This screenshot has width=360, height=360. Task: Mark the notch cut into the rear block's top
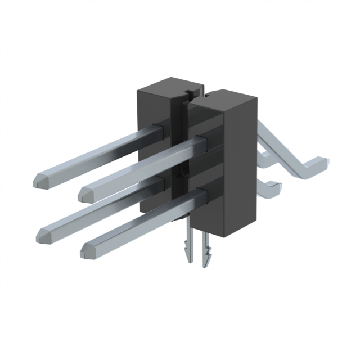coord(189,88)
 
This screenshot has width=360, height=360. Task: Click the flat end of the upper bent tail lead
coord(325,163)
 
